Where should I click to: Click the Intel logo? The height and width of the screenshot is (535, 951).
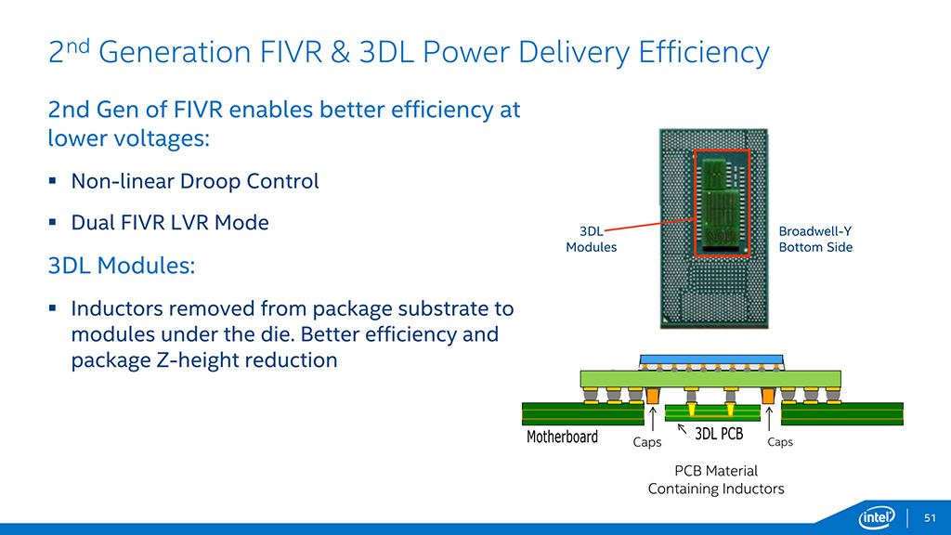pos(877,517)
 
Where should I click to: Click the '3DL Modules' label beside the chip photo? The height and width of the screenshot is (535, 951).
pos(591,240)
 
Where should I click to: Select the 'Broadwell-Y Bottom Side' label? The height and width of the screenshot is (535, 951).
pos(814,240)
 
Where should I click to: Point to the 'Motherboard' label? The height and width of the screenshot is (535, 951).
pos(562,437)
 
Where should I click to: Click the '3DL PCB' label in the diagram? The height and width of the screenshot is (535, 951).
pos(719,434)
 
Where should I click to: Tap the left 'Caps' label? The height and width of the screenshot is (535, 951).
pos(647,443)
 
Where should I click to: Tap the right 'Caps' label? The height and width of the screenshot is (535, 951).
pos(780,442)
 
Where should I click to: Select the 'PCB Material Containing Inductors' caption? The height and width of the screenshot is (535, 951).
pos(715,479)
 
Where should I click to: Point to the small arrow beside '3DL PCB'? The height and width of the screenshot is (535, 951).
pos(683,429)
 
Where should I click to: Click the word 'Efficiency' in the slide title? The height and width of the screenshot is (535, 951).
pos(705,52)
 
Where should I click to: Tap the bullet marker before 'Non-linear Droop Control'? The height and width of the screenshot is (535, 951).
pos(53,181)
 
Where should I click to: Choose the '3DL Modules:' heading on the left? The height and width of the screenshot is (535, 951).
pos(122,266)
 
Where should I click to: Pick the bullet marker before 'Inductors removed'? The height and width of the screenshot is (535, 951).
pos(53,307)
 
